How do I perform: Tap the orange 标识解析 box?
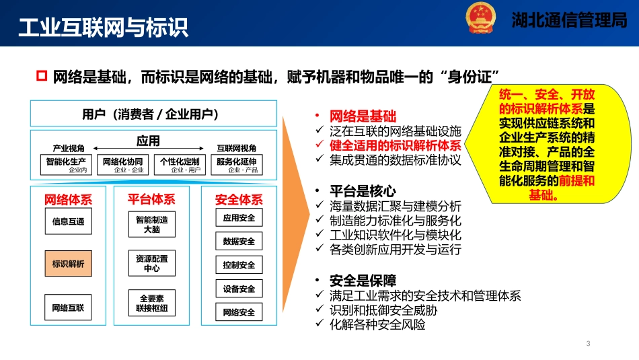(x=69, y=264)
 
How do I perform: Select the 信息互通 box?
(x=69, y=221)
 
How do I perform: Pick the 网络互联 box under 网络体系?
(x=69, y=308)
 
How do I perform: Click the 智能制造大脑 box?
(x=152, y=224)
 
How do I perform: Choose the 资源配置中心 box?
(x=152, y=263)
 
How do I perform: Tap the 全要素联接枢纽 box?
(x=152, y=303)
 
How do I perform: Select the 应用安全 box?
(x=239, y=219)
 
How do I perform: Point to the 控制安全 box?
(x=239, y=265)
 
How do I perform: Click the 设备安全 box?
(x=239, y=289)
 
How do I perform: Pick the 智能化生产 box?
(x=66, y=165)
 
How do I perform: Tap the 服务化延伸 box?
(x=237, y=165)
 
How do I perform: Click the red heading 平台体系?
(x=151, y=199)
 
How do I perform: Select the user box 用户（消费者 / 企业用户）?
(x=153, y=114)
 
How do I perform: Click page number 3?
(x=588, y=345)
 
